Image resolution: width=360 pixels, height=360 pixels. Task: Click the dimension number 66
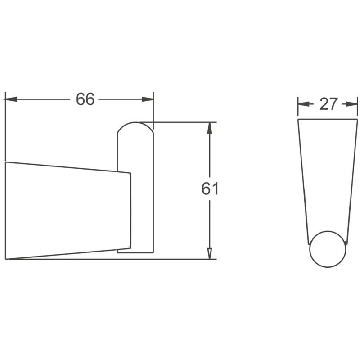tap(85, 99)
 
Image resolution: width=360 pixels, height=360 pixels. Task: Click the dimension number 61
tap(210, 189)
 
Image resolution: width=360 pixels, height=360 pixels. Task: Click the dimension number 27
tap(329, 104)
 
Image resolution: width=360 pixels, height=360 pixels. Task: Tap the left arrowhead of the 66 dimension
tap(11, 99)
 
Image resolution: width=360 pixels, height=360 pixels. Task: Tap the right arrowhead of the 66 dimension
tap(148, 99)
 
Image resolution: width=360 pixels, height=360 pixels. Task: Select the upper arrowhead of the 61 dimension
tap(209, 128)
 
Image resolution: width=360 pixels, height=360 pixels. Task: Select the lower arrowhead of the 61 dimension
tap(209, 253)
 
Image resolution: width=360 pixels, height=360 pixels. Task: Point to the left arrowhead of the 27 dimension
tap(303, 104)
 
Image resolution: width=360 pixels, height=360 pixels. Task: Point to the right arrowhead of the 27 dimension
tap(352, 104)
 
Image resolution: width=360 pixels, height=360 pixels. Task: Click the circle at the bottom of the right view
tap(328, 231)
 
